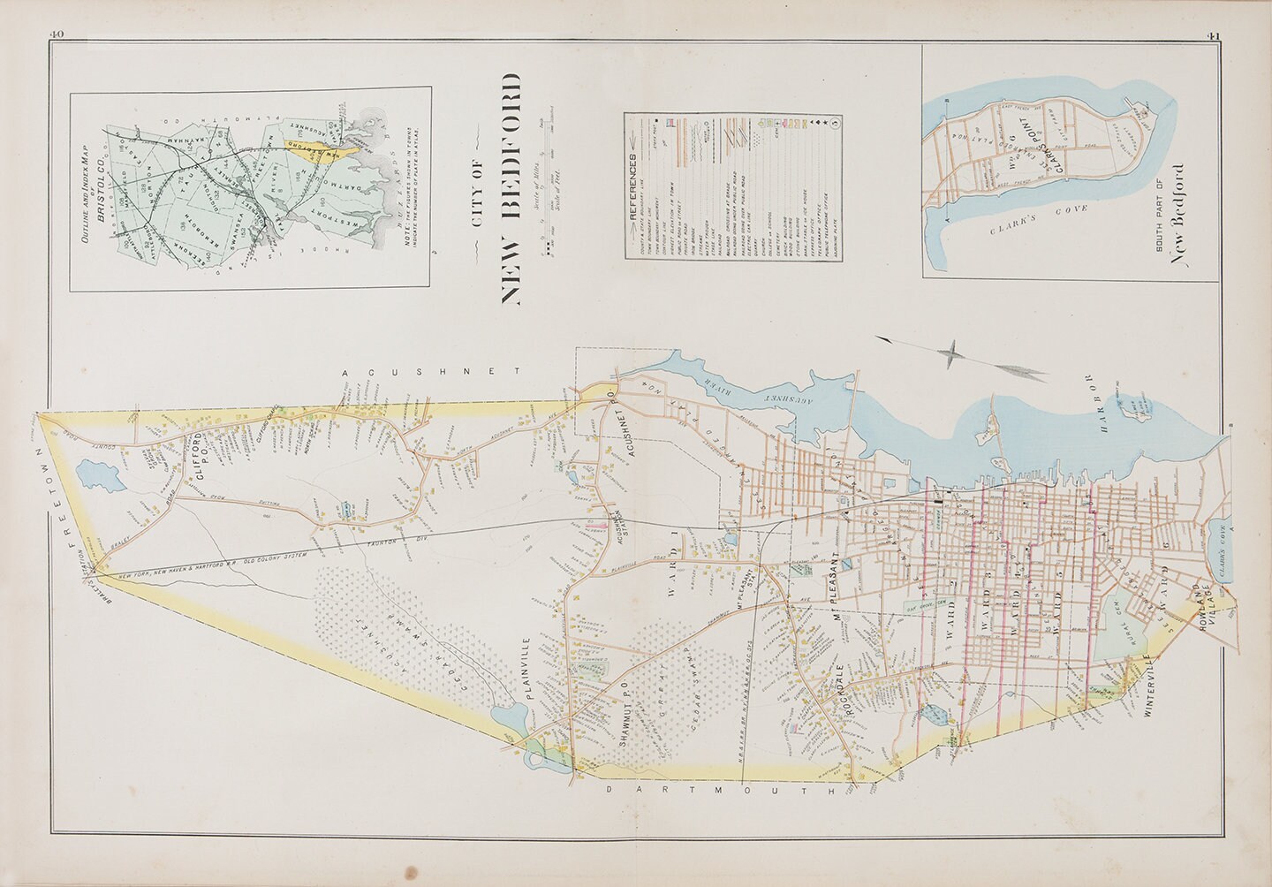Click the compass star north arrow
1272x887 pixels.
click(x=949, y=355)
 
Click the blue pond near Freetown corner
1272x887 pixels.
click(x=92, y=475)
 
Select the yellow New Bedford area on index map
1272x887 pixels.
click(x=316, y=147)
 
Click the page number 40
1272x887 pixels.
click(x=58, y=34)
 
